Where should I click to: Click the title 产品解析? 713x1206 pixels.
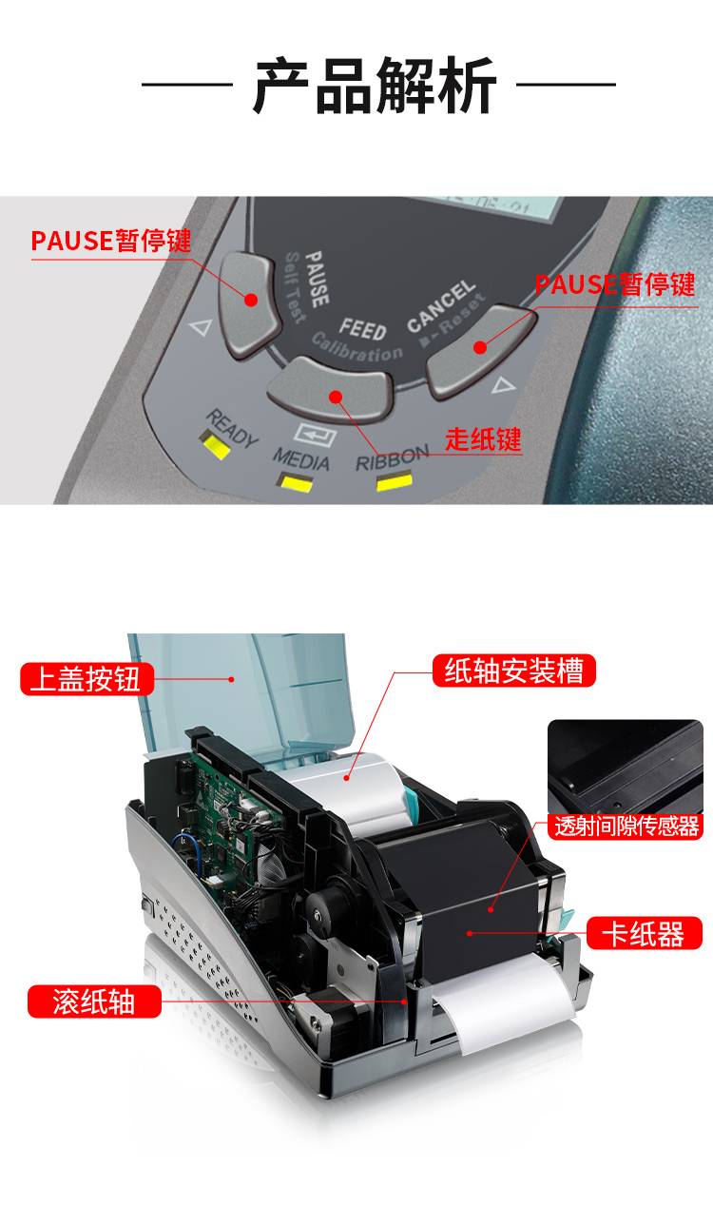(x=374, y=85)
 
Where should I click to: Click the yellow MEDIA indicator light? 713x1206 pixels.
(x=295, y=482)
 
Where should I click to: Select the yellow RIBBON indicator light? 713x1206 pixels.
(x=395, y=480)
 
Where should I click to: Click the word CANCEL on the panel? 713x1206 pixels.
(x=441, y=306)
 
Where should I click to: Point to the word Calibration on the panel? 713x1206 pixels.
(x=357, y=347)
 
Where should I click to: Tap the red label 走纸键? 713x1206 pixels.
(x=483, y=438)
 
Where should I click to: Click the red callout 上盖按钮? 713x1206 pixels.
(x=87, y=679)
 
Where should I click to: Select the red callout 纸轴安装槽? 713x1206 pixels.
(x=514, y=671)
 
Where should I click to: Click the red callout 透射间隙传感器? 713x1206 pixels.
(x=626, y=826)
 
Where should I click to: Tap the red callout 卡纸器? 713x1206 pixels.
(x=645, y=933)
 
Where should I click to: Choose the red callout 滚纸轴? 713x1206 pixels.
(x=94, y=1002)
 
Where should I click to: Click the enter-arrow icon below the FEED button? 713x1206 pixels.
(x=316, y=435)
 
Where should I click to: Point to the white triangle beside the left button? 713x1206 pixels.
(x=201, y=326)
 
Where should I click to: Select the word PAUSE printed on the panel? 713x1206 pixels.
(x=317, y=279)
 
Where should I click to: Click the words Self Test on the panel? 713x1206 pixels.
(x=296, y=288)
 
